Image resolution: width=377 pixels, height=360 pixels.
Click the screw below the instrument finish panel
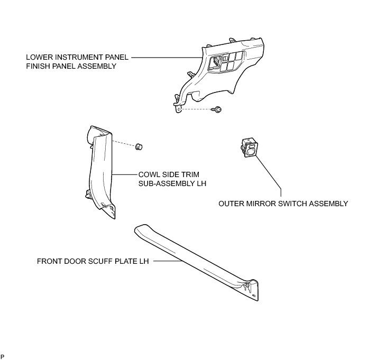point(217,109)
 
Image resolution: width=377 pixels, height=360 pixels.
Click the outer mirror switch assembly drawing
point(249,146)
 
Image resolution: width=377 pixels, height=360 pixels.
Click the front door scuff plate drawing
point(201,259)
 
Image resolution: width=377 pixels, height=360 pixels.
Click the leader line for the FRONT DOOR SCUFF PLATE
point(164,261)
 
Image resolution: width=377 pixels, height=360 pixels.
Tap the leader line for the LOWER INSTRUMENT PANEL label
point(164,57)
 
